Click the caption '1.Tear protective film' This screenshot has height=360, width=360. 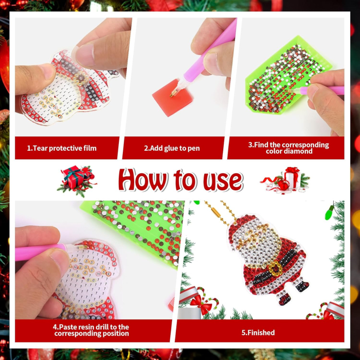click(x=62, y=148)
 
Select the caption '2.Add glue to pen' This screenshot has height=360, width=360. click(x=172, y=148)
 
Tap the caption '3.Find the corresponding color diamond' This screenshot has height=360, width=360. click(x=289, y=148)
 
